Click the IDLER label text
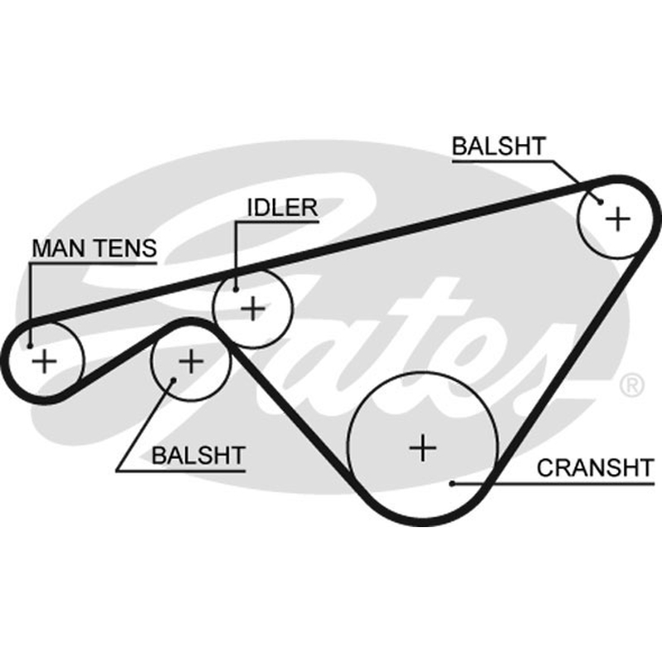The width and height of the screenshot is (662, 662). pyautogui.click(x=282, y=208)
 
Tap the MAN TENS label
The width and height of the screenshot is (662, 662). pyautogui.click(x=94, y=248)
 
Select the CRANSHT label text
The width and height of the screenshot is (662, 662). pyautogui.click(x=595, y=468)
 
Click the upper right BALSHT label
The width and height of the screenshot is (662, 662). pyautogui.click(x=499, y=146)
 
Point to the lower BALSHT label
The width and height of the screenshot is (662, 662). pyautogui.click(x=199, y=456)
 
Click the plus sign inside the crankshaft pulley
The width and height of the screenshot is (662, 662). pyautogui.click(x=423, y=448)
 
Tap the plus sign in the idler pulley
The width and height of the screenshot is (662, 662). pyautogui.click(x=253, y=309)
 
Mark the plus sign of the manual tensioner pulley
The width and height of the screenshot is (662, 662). pyautogui.click(x=45, y=362)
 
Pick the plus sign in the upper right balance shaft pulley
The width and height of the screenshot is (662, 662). pyautogui.click(x=617, y=219)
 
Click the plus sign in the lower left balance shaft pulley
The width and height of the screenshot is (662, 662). pyautogui.click(x=191, y=362)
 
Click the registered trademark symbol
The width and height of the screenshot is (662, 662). pyautogui.click(x=631, y=385)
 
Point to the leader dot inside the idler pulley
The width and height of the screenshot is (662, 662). pyautogui.click(x=236, y=290)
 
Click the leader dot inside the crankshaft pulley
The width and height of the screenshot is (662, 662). pyautogui.click(x=452, y=484)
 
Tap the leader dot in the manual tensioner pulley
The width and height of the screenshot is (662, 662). pyautogui.click(x=30, y=346)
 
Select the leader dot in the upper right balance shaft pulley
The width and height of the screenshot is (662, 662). pyautogui.click(x=601, y=202)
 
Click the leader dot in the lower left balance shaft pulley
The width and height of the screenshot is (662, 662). pyautogui.click(x=173, y=381)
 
